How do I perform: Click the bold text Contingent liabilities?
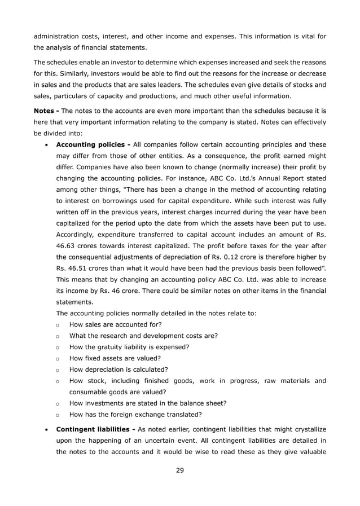[95, 429]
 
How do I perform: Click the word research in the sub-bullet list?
[123, 335]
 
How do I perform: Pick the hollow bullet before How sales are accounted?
[58, 324]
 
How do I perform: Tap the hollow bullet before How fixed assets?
[58, 358]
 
